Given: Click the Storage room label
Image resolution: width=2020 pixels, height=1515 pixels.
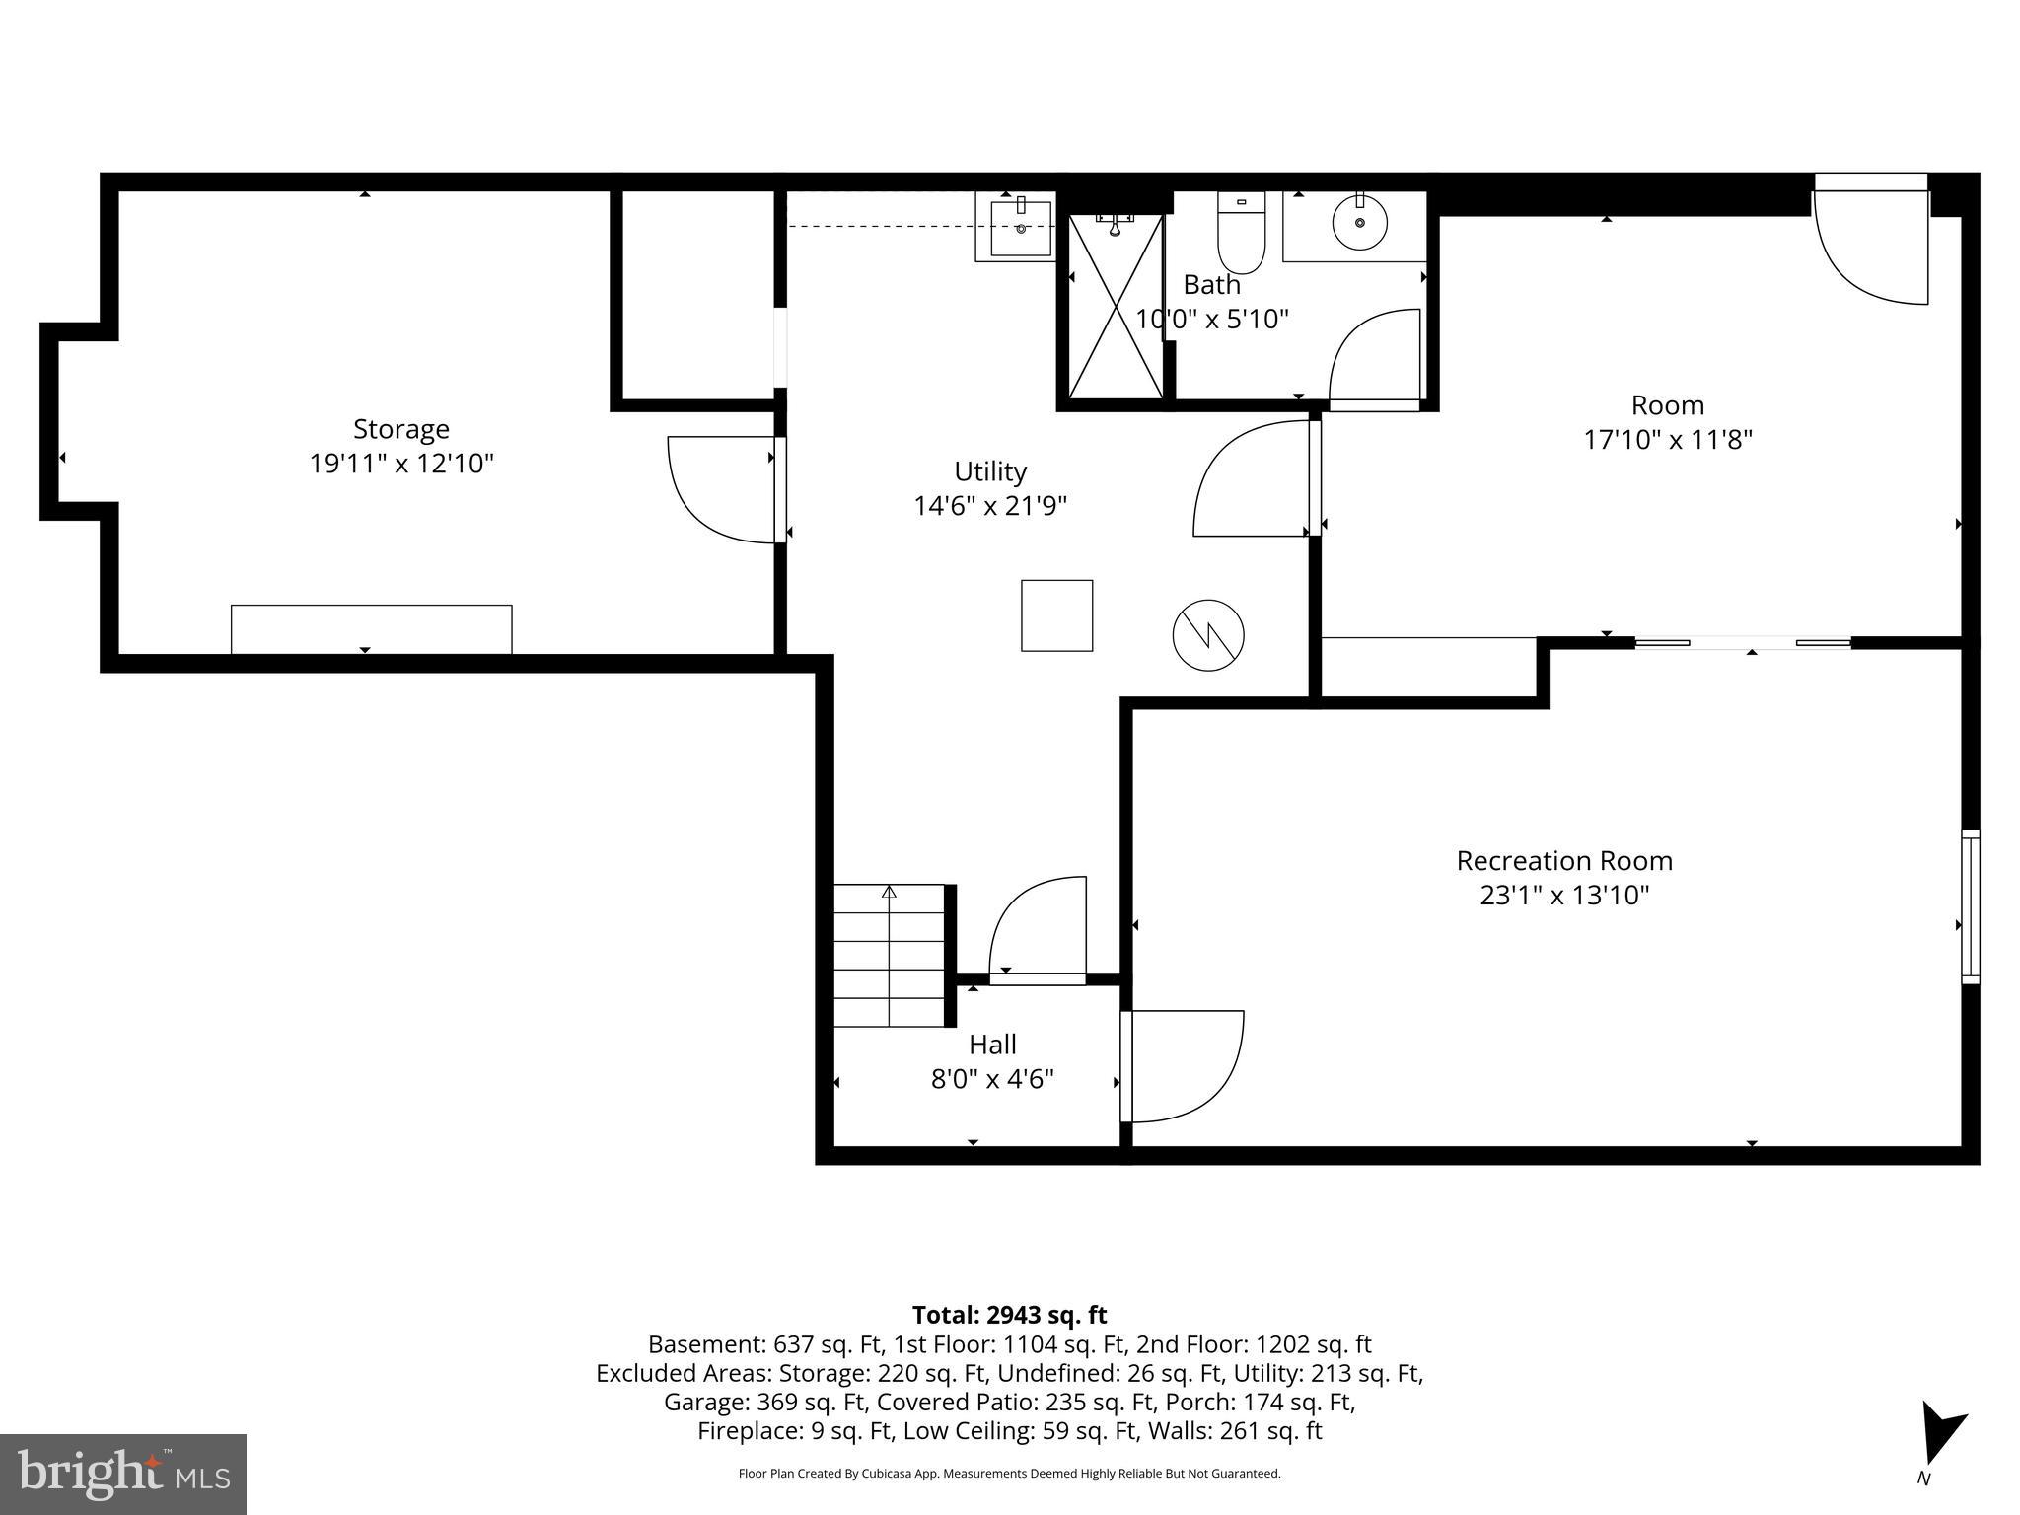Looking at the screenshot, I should [x=400, y=429].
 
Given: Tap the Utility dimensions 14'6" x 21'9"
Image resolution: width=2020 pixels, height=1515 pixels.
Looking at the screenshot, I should [x=989, y=506].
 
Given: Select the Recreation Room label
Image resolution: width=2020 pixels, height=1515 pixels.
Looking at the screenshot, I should [x=1564, y=861].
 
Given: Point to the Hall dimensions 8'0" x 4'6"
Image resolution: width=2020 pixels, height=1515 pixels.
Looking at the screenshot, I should [x=992, y=1079].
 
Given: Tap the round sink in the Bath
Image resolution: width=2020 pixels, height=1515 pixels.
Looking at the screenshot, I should [x=1360, y=223].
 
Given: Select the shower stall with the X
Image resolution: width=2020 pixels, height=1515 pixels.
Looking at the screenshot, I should [x=1116, y=307].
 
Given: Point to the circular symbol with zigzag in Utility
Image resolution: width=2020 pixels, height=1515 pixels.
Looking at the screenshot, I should [x=1208, y=635].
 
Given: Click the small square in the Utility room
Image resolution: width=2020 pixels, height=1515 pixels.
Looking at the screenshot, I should [x=1056, y=615].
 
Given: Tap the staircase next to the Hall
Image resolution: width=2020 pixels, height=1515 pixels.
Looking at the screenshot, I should [x=890, y=955].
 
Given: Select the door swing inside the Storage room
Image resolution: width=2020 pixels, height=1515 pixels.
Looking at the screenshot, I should [x=720, y=490].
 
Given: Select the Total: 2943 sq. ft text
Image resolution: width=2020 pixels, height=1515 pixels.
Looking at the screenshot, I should [x=1009, y=1315].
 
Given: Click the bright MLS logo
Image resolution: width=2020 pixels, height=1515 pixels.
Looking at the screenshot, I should [x=123, y=1475].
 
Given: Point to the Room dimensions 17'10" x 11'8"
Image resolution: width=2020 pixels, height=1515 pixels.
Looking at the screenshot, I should [x=1667, y=440].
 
